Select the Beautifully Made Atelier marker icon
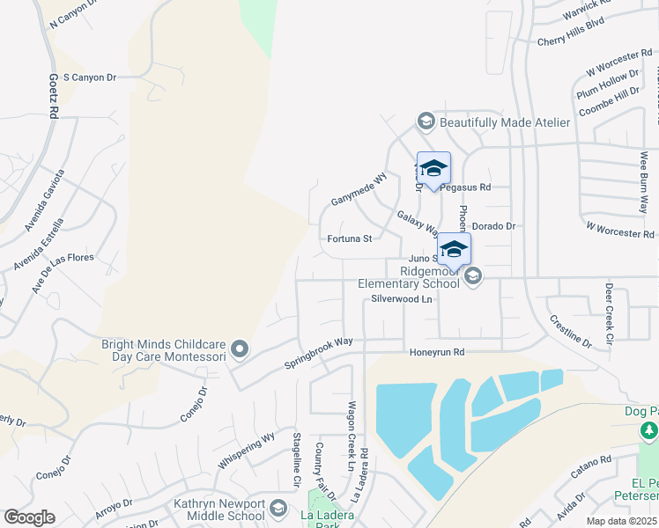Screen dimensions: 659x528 tap(426, 121)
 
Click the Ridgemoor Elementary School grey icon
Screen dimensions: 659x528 tap(473, 277)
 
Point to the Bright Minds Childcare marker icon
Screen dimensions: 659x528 tap(239, 350)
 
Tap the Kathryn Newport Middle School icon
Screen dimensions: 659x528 tap(278, 509)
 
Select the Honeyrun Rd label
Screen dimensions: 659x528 tap(436, 353)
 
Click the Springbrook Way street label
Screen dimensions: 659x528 tap(318, 353)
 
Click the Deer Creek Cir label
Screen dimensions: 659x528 tap(608, 312)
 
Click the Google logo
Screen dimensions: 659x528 tap(29, 517)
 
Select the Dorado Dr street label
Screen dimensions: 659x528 tap(492, 226)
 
